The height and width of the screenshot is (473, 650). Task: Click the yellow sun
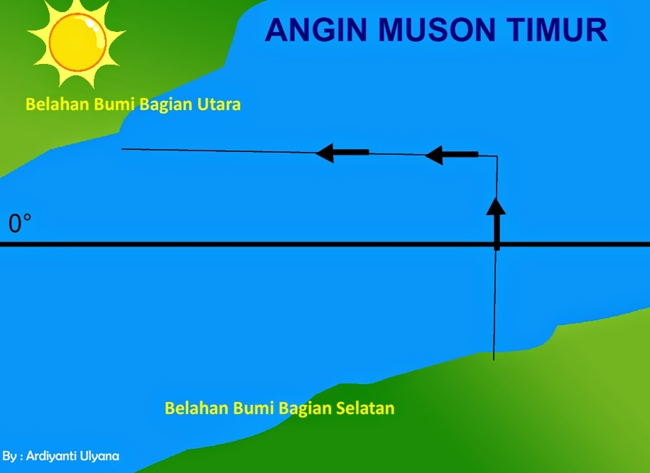(76, 38)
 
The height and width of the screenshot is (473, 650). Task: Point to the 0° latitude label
(20, 224)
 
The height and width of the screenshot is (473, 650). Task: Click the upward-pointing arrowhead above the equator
(496, 206)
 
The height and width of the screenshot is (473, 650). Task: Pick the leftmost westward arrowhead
(325, 152)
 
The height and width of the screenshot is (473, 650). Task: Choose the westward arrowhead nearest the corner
(434, 154)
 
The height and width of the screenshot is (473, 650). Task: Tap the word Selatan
(364, 408)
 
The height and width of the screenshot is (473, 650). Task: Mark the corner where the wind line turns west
(497, 156)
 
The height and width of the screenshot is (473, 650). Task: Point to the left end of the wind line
(123, 148)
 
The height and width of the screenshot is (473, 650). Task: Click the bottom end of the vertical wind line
(494, 359)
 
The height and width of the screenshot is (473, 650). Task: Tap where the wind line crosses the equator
(496, 244)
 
